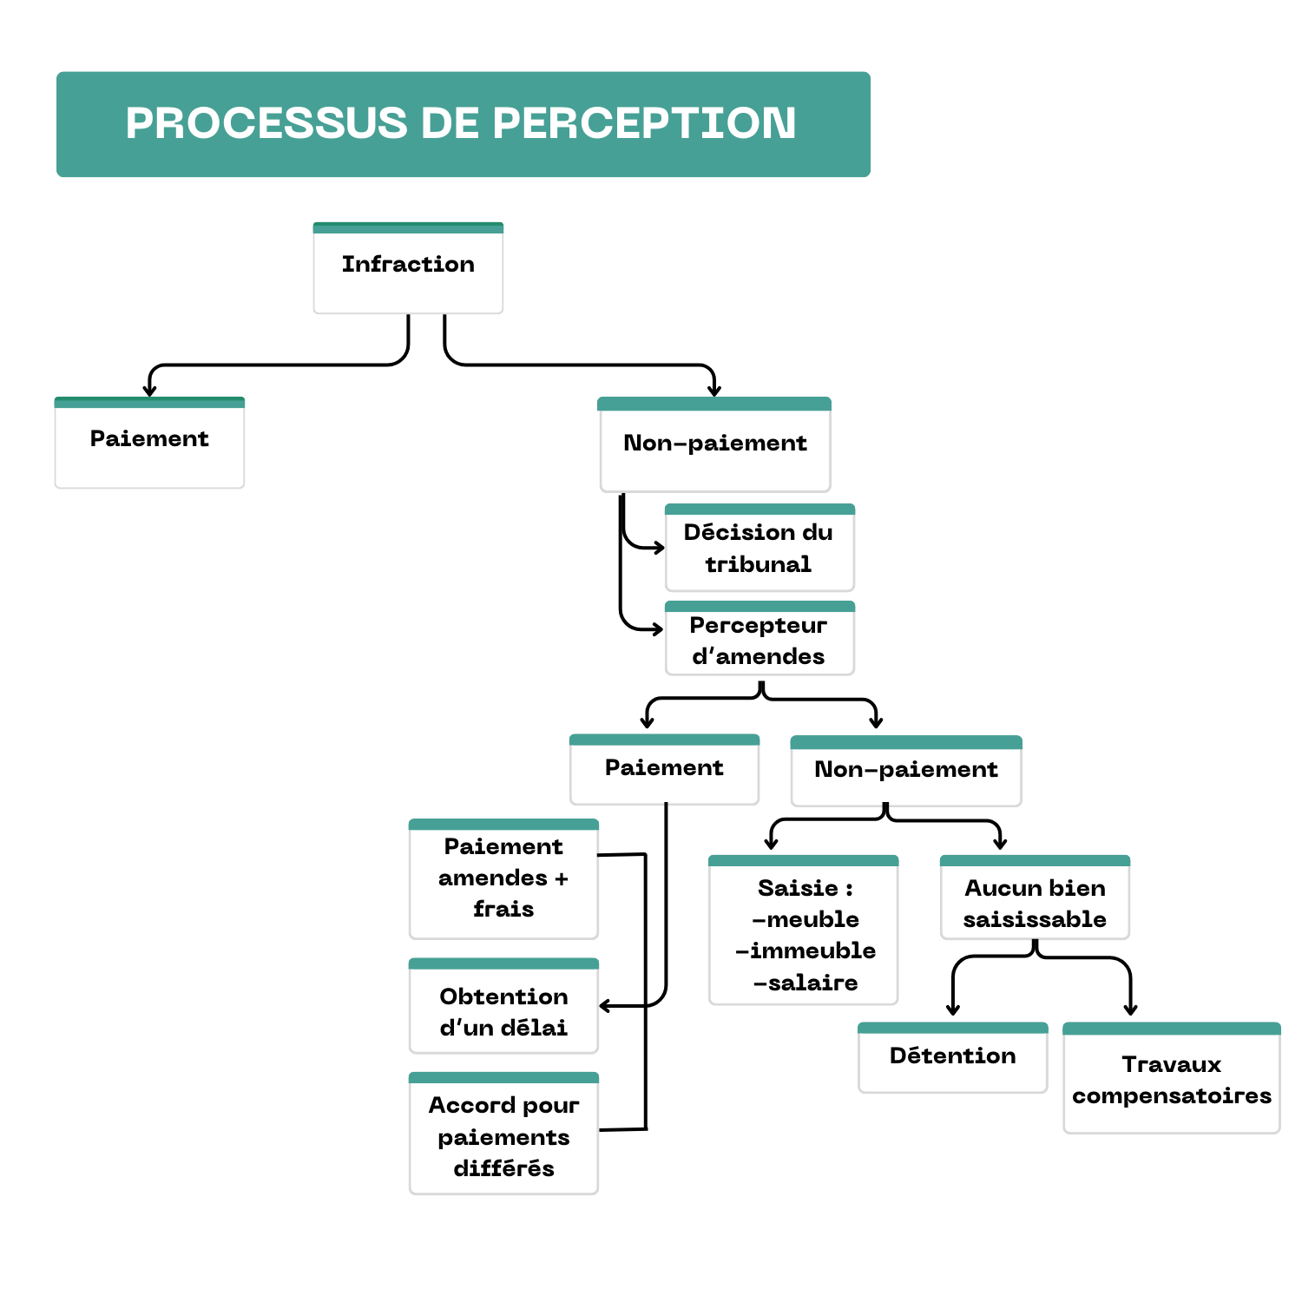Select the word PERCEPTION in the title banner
tap(644, 123)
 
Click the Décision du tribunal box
tap(759, 548)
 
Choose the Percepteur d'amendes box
tap(759, 640)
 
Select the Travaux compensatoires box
tap(1171, 1079)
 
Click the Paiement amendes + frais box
tap(503, 878)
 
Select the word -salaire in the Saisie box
tap(806, 983)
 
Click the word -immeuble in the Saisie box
tap(806, 950)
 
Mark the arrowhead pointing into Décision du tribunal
tap(659, 548)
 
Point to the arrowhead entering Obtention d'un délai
tap(606, 1006)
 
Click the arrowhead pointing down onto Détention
tap(953, 1009)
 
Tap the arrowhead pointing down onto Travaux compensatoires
tap(1130, 1009)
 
